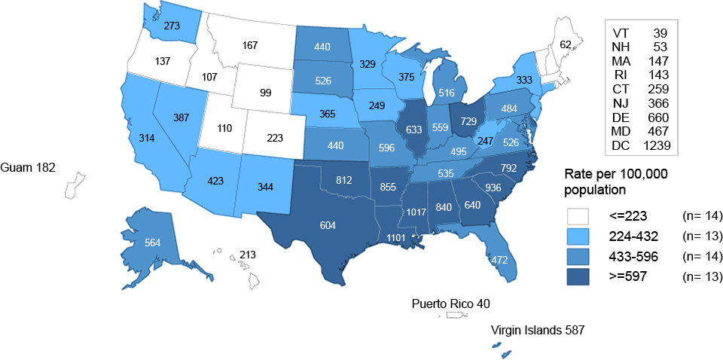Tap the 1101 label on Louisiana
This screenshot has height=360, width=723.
coord(395,238)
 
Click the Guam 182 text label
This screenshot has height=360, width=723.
coord(29,165)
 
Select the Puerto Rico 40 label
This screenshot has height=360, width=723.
coord(450,304)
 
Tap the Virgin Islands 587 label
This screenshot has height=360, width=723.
coord(537,329)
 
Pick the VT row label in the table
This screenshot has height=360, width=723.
coord(621,33)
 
